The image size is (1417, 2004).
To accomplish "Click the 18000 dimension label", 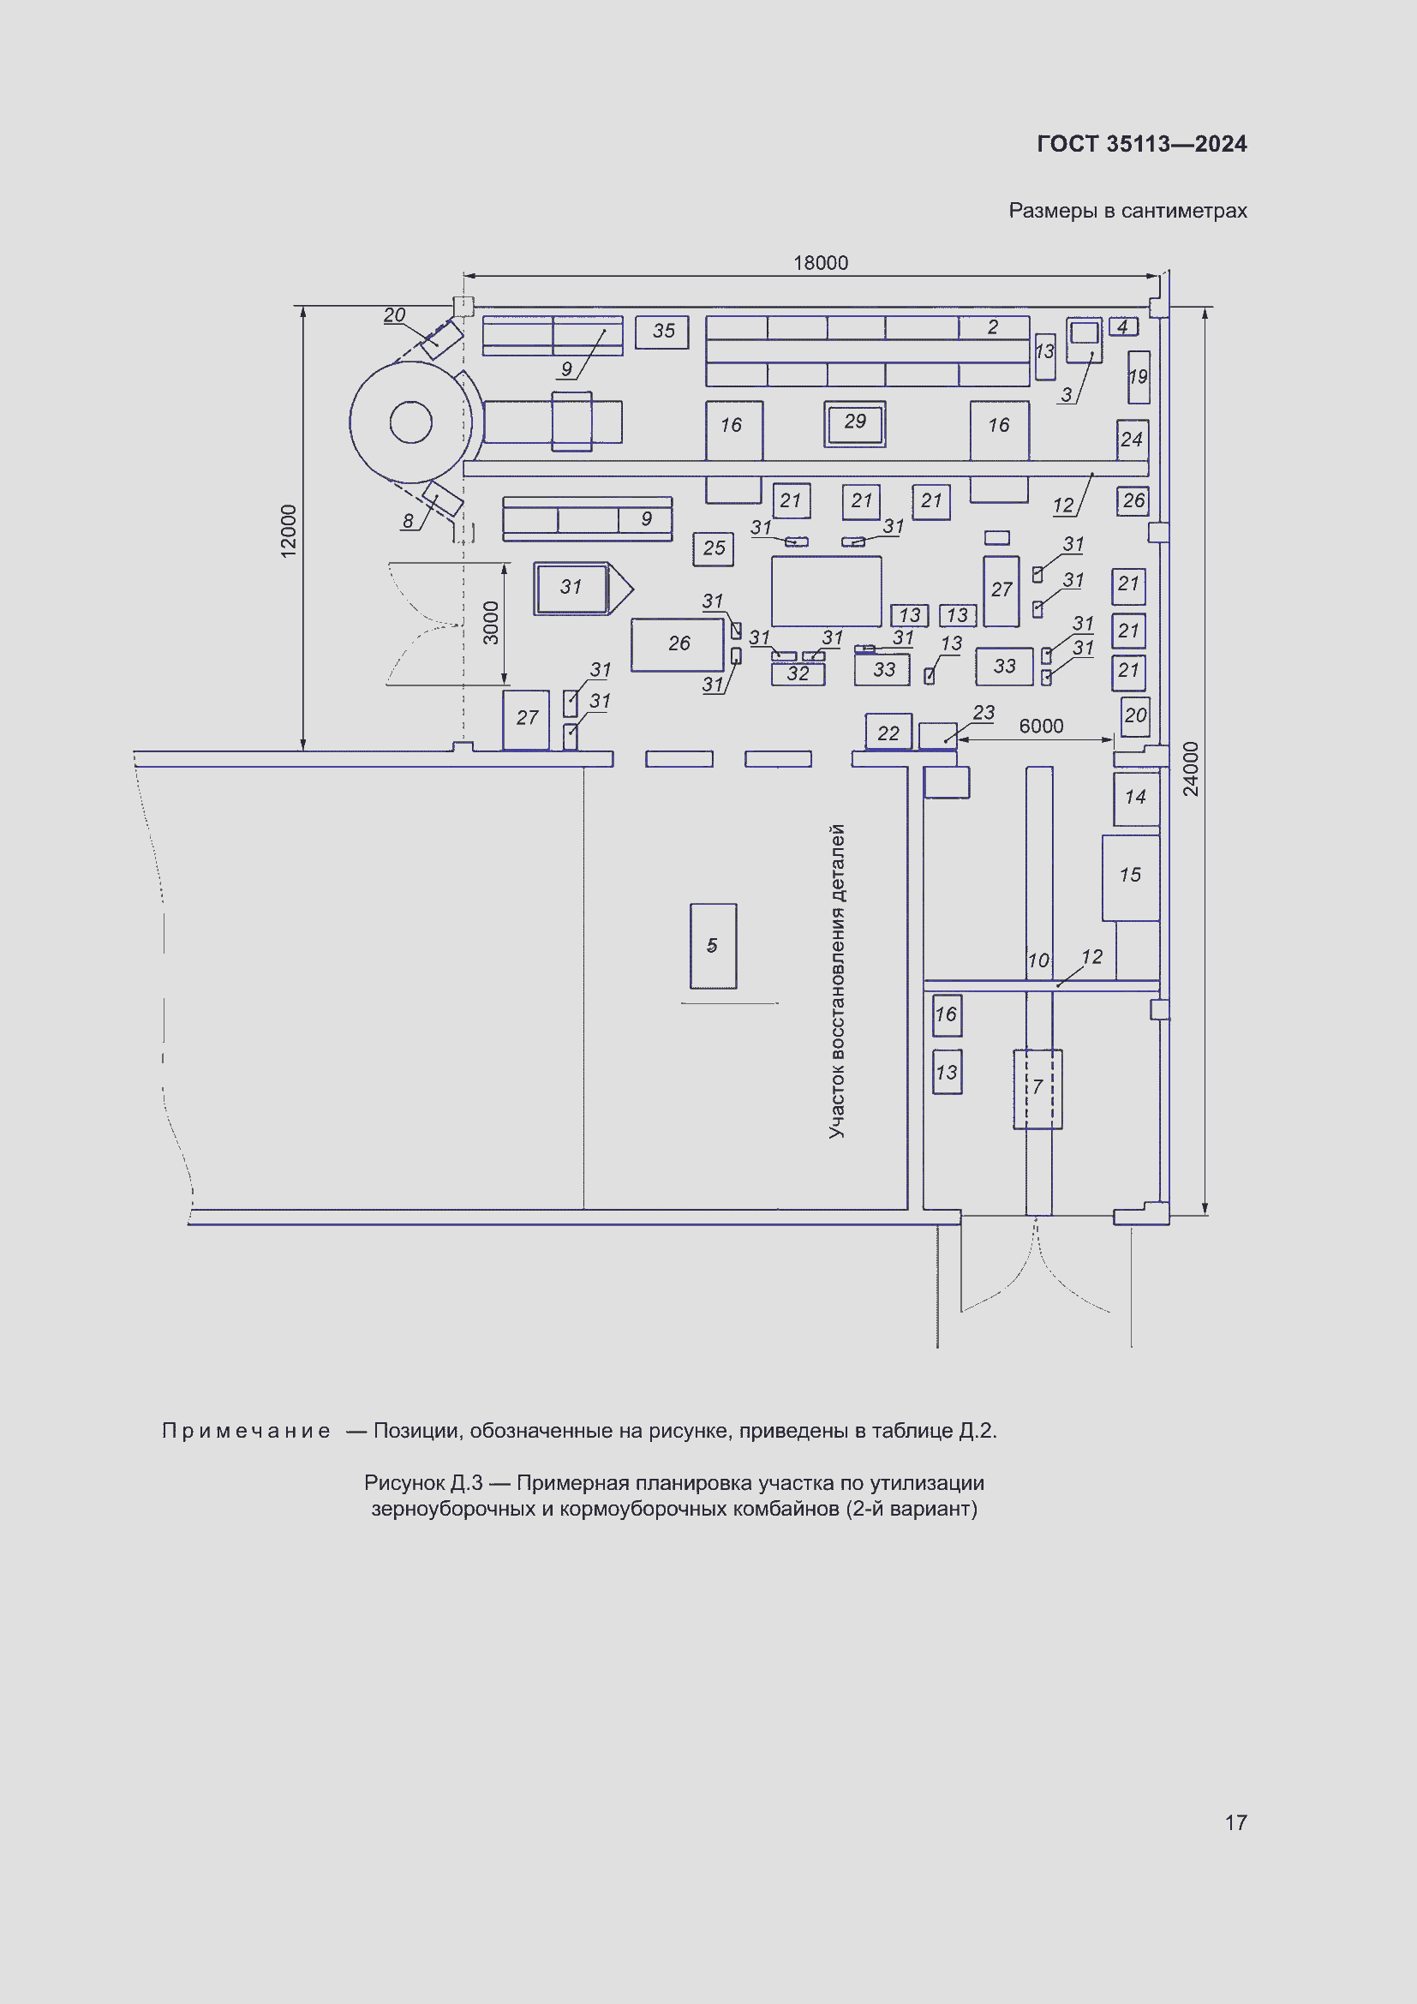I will tap(820, 263).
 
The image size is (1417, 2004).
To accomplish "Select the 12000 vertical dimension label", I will tap(289, 530).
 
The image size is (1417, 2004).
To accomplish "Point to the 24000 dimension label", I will tap(1191, 769).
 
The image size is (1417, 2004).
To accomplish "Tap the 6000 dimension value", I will tap(1041, 727).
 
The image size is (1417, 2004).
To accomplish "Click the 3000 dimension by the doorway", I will tap(491, 622).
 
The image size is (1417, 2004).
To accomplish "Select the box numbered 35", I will tap(662, 332).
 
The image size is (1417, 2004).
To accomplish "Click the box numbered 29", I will tap(855, 423).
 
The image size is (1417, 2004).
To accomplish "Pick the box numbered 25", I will tap(713, 549).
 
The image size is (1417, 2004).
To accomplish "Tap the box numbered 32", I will tap(798, 673).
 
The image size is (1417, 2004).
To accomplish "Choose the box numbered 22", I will tap(888, 733).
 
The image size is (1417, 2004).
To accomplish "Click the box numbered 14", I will tap(1135, 798).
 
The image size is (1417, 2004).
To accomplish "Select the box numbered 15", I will tap(1130, 876).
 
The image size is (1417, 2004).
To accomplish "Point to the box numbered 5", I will tap(713, 946).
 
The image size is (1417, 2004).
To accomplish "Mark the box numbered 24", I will tap(1132, 440).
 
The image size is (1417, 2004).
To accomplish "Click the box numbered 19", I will tap(1139, 377).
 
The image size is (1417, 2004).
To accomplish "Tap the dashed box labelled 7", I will tap(1037, 1088).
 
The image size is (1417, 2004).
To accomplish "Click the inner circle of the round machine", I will tap(411, 422).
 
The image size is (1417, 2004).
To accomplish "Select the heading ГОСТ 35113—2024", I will tap(1141, 144).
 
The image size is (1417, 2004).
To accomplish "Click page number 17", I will tap(1235, 1822).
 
